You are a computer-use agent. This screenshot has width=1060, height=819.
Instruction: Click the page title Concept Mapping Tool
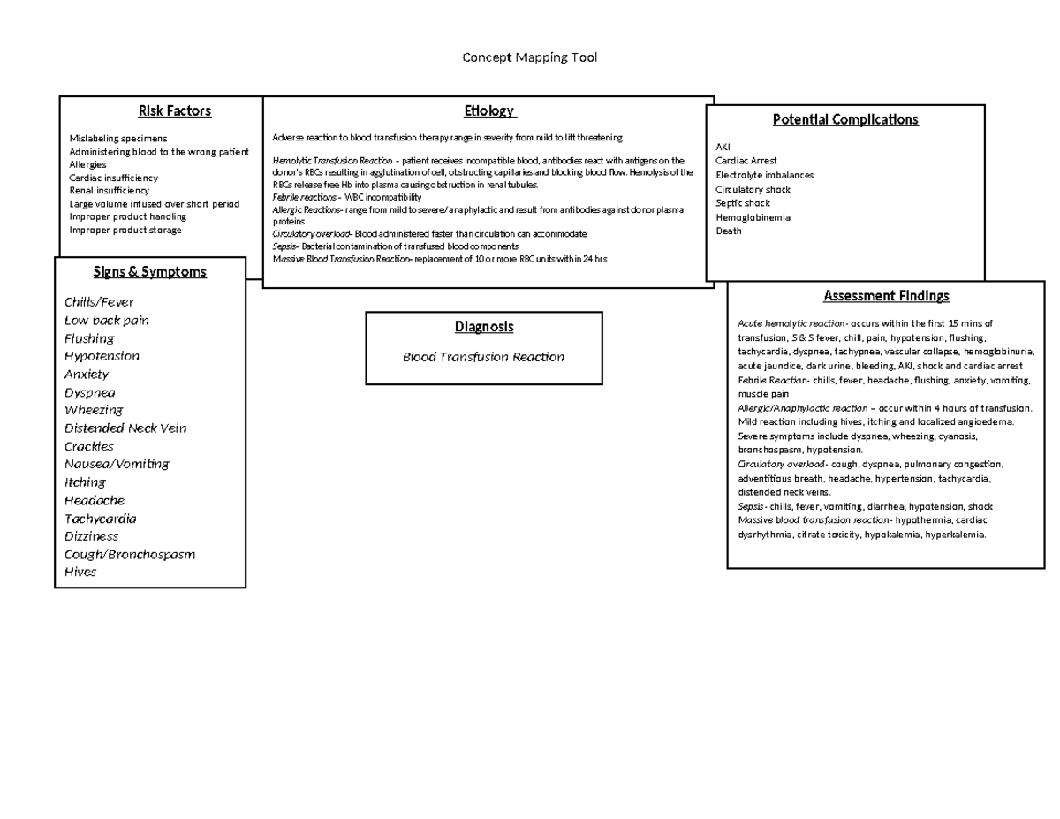(530, 57)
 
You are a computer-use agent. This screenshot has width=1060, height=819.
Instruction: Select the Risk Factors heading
(174, 110)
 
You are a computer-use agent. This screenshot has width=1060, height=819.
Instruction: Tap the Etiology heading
(488, 110)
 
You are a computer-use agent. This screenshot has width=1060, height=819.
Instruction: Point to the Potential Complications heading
(845, 119)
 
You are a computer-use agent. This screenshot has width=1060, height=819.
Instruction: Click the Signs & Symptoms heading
(150, 271)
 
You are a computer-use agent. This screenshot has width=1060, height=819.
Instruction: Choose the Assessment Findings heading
(886, 295)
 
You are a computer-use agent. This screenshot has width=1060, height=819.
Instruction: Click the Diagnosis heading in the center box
(484, 327)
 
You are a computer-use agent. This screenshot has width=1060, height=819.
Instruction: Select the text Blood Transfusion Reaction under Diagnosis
(483, 357)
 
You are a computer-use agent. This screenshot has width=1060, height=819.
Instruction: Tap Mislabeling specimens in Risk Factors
(117, 139)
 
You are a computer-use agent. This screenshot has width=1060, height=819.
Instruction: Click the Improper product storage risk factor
(125, 230)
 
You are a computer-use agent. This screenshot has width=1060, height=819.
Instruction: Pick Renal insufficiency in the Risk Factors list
(110, 190)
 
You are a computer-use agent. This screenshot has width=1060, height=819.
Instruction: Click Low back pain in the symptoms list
(107, 320)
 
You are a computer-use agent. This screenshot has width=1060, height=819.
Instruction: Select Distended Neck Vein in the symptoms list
(125, 428)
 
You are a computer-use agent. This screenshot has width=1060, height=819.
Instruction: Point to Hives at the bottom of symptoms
(80, 572)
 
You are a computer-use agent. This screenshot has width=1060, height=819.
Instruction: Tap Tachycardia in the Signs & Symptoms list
(101, 519)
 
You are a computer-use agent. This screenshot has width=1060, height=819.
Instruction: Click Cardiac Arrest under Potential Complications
(746, 161)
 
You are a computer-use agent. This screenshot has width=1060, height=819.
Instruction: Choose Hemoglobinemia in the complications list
(753, 217)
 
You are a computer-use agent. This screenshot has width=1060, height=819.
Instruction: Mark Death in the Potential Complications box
(729, 231)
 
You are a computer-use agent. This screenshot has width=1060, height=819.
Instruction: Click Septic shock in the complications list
(743, 203)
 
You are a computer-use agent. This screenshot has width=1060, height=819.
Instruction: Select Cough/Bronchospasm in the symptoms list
(130, 554)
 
